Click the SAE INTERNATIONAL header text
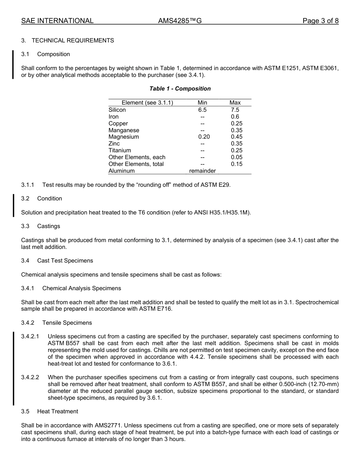[57, 21]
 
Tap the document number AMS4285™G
[180, 21]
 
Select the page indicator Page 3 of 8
[320, 21]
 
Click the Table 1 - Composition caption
[180, 89]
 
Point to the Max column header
[235, 103]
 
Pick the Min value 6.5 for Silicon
[202, 110]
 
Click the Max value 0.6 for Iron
[235, 117]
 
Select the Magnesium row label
[124, 137]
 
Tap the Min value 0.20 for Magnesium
[202, 137]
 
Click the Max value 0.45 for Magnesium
[236, 137]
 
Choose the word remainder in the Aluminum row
[202, 171]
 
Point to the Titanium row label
[120, 150]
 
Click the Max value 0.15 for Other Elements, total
[236, 164]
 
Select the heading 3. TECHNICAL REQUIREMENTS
[67, 41]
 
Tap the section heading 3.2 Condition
[42, 199]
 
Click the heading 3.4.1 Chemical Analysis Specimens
[71, 288]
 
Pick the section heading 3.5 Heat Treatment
[50, 411]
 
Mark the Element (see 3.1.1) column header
[147, 103]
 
